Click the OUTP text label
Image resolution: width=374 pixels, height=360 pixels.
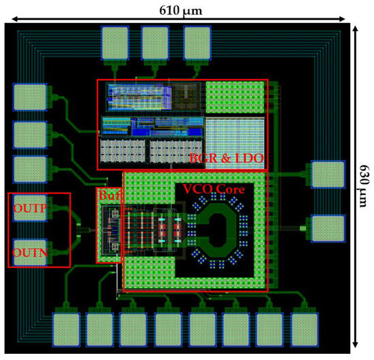pos(29,209)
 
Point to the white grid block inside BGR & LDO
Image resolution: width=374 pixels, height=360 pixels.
pos(235,139)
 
